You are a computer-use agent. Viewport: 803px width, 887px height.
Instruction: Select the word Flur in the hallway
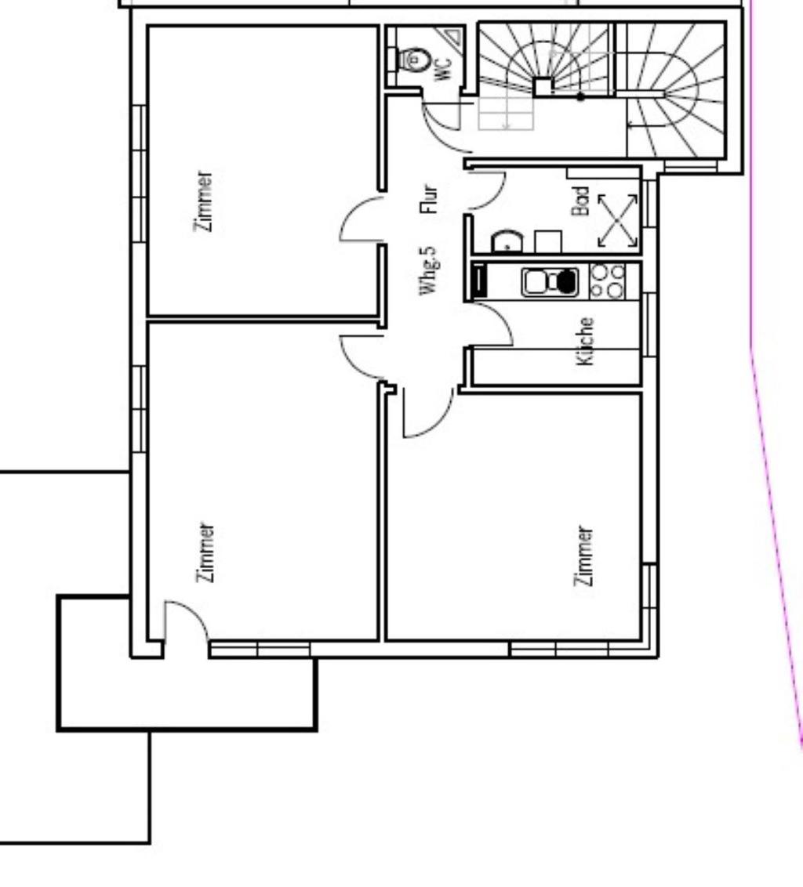pyautogui.click(x=429, y=198)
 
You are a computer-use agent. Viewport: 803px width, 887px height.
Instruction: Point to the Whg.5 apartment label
pyautogui.click(x=429, y=270)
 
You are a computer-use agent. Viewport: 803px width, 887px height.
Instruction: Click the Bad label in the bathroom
pyautogui.click(x=581, y=201)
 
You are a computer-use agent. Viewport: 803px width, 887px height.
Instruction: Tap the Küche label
pyautogui.click(x=585, y=341)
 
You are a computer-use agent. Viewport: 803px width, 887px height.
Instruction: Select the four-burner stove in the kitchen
pyautogui.click(x=607, y=281)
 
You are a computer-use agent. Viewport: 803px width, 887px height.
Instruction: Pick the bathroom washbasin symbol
pyautogui.click(x=507, y=241)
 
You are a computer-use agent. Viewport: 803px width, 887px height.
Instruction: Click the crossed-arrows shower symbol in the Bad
pyautogui.click(x=617, y=221)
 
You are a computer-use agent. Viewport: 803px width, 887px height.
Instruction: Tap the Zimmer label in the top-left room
pyautogui.click(x=204, y=201)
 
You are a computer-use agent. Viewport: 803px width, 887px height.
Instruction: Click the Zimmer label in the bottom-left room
pyautogui.click(x=205, y=552)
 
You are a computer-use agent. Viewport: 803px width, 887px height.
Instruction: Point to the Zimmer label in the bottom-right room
pyautogui.click(x=584, y=556)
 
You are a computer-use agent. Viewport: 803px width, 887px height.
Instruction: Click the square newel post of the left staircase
pyautogui.click(x=543, y=87)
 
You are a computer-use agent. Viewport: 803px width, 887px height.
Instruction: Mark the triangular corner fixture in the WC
pyautogui.click(x=453, y=36)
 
